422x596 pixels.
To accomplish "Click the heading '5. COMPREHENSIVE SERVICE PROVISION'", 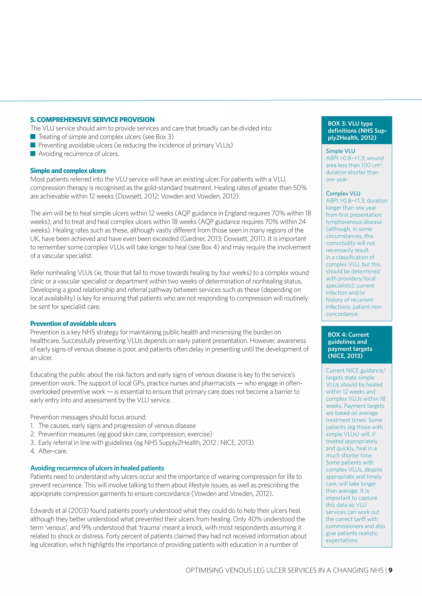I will click(92, 120).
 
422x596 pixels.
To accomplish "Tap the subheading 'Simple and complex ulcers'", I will click(68, 171).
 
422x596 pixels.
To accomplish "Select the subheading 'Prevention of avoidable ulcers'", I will click(73, 324).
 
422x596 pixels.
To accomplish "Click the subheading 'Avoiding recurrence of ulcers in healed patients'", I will click(97, 468).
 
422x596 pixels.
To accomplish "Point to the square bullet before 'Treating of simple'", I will click(33, 137).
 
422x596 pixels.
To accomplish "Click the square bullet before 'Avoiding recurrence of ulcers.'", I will click(33, 154).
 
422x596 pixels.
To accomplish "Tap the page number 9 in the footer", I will click(390, 570).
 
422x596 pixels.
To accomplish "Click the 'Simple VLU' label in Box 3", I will click(340, 151).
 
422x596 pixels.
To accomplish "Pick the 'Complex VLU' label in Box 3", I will click(343, 194).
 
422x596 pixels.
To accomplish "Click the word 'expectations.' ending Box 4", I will click(342, 540).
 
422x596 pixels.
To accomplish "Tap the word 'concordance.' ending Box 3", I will click(342, 314).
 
